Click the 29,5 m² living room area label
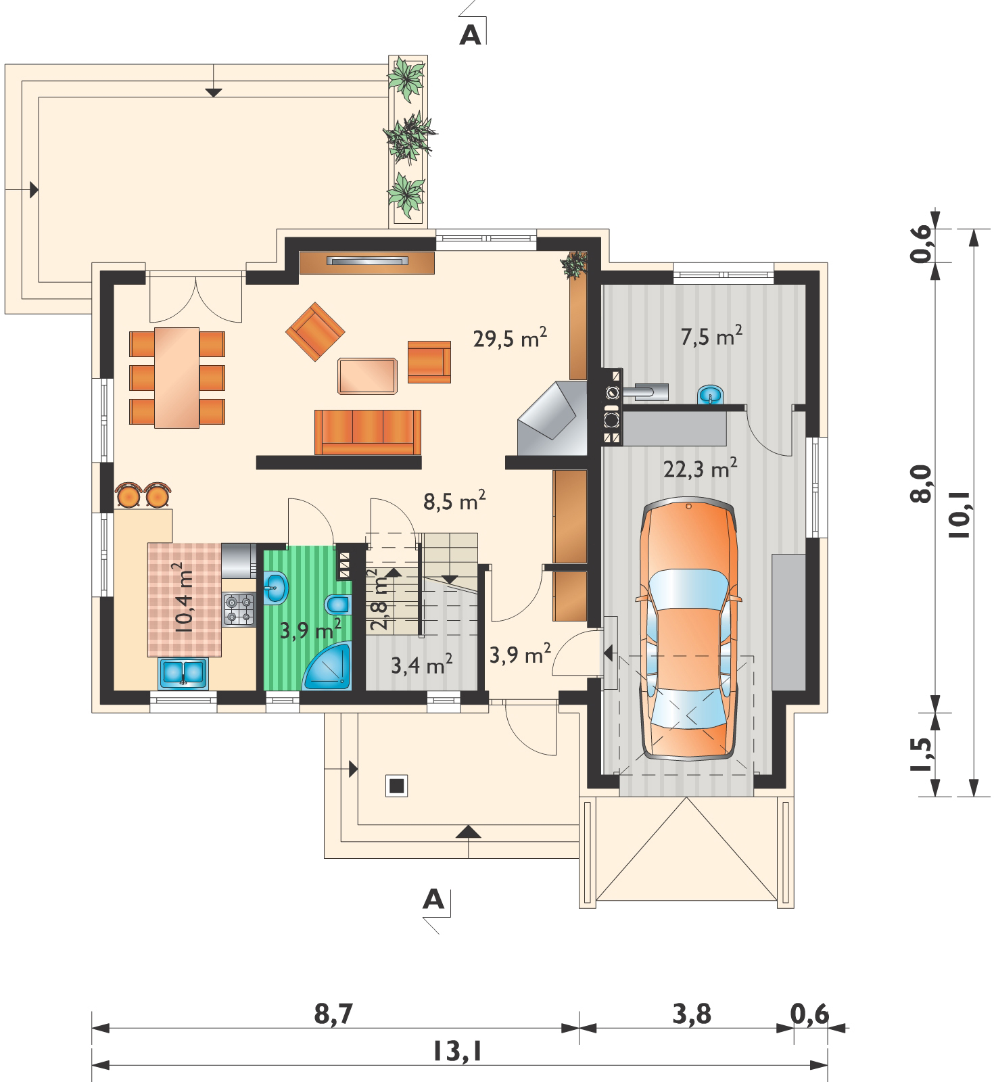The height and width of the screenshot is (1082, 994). [510, 339]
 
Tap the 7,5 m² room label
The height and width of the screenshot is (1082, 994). [712, 335]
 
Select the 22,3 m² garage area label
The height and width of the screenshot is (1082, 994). [700, 469]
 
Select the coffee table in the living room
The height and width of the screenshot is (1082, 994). [367, 376]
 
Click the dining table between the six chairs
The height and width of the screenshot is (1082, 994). [176, 377]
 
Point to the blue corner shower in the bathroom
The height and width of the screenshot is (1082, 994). [328, 666]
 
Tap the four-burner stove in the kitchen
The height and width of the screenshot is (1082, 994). [238, 608]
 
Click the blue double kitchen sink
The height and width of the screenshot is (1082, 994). [183, 673]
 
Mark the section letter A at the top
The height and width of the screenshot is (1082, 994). [470, 35]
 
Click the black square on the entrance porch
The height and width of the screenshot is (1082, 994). [396, 786]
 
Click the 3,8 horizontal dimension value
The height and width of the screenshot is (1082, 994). [692, 1014]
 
